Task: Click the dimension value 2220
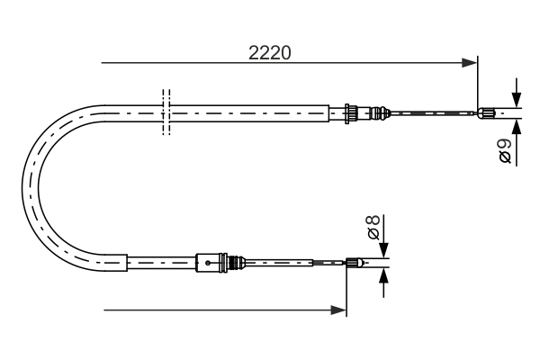pos(269,52)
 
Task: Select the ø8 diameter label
pos(373,227)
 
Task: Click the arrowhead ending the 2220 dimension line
pos(468,63)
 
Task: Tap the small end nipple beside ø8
pos(355,263)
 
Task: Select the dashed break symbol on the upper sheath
pos(166,112)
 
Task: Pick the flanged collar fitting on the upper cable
pos(347,112)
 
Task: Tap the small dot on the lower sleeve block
pos(208,263)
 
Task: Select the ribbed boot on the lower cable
pos(238,263)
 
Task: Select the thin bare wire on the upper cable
pos(432,112)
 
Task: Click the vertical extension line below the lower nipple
pos(346,292)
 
